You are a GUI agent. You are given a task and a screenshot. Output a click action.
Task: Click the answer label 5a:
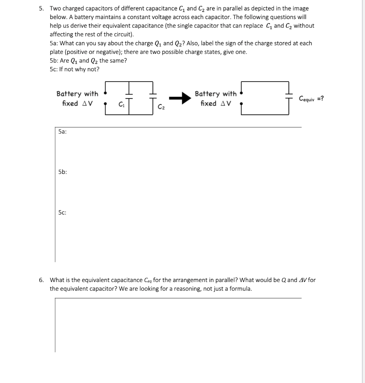click(x=63, y=132)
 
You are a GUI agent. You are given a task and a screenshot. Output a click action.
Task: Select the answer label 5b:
click(x=63, y=172)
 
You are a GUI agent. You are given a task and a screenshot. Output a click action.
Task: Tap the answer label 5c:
click(x=63, y=212)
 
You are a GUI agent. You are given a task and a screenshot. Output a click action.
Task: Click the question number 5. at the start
click(x=42, y=8)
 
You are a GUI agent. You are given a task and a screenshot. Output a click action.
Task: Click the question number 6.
click(x=42, y=280)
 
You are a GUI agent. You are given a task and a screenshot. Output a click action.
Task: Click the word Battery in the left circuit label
click(x=69, y=94)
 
